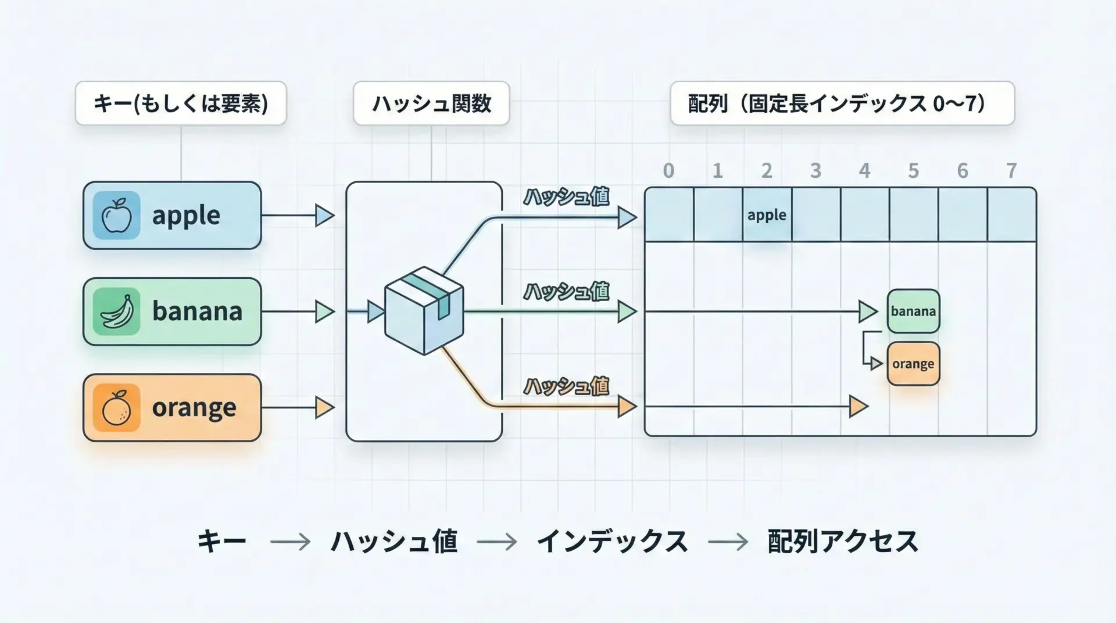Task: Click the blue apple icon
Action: (x=116, y=216)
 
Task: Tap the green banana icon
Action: (x=116, y=311)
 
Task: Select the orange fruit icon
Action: (x=116, y=407)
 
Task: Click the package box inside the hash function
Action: (x=424, y=310)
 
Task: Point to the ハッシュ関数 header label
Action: (x=431, y=103)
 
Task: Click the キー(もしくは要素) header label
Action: (x=181, y=103)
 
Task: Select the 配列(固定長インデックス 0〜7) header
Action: (x=842, y=103)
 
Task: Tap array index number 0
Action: (x=668, y=171)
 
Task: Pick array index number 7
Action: (x=1011, y=171)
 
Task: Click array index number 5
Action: (x=913, y=171)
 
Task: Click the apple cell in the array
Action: (x=767, y=215)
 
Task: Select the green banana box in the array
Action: (x=913, y=311)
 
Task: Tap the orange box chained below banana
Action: (x=913, y=364)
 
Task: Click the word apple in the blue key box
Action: (x=186, y=216)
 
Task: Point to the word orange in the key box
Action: (x=194, y=408)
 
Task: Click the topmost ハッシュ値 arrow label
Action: (x=566, y=197)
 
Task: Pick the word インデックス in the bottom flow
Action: (x=612, y=542)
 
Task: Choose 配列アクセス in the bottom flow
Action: (x=842, y=542)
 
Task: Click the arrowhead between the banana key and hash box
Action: (x=324, y=311)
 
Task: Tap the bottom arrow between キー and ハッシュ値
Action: (x=290, y=542)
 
